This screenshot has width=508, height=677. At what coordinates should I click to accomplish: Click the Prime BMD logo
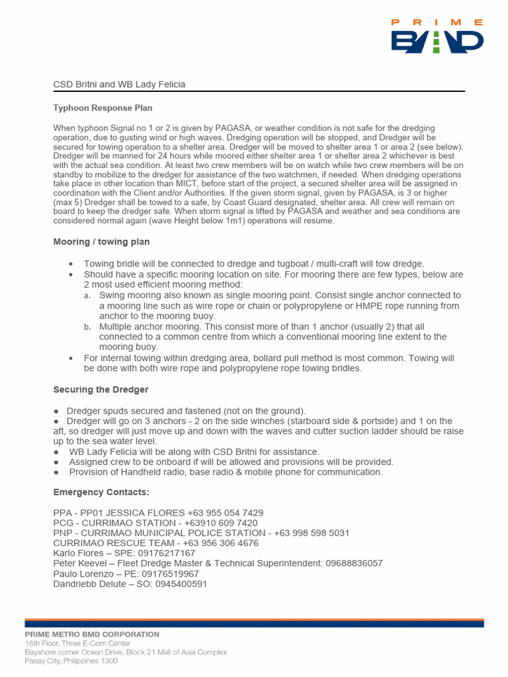[437, 37]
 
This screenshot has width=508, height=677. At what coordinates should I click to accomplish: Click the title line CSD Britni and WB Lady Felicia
[119, 85]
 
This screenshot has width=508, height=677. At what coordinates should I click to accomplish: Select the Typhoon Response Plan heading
[103, 108]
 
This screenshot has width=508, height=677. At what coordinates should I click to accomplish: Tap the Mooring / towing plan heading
[101, 242]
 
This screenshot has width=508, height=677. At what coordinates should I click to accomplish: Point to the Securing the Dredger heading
[101, 389]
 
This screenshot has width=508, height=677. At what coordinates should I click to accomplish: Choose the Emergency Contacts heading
[101, 493]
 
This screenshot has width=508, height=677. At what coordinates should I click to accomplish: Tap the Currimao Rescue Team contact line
[156, 543]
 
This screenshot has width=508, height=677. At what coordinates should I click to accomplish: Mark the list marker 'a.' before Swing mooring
[87, 296]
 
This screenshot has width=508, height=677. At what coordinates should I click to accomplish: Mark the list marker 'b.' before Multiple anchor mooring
[87, 327]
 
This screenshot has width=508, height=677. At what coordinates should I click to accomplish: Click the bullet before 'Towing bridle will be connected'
[71, 264]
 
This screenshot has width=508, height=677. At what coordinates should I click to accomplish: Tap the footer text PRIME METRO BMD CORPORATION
[92, 634]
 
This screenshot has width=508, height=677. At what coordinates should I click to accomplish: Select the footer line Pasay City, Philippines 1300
[71, 660]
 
